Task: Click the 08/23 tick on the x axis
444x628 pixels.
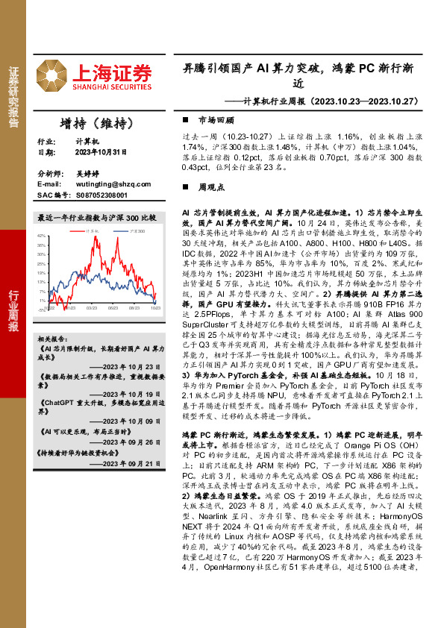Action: (x=134, y=307)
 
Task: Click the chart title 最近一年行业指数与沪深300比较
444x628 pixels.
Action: (x=97, y=218)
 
